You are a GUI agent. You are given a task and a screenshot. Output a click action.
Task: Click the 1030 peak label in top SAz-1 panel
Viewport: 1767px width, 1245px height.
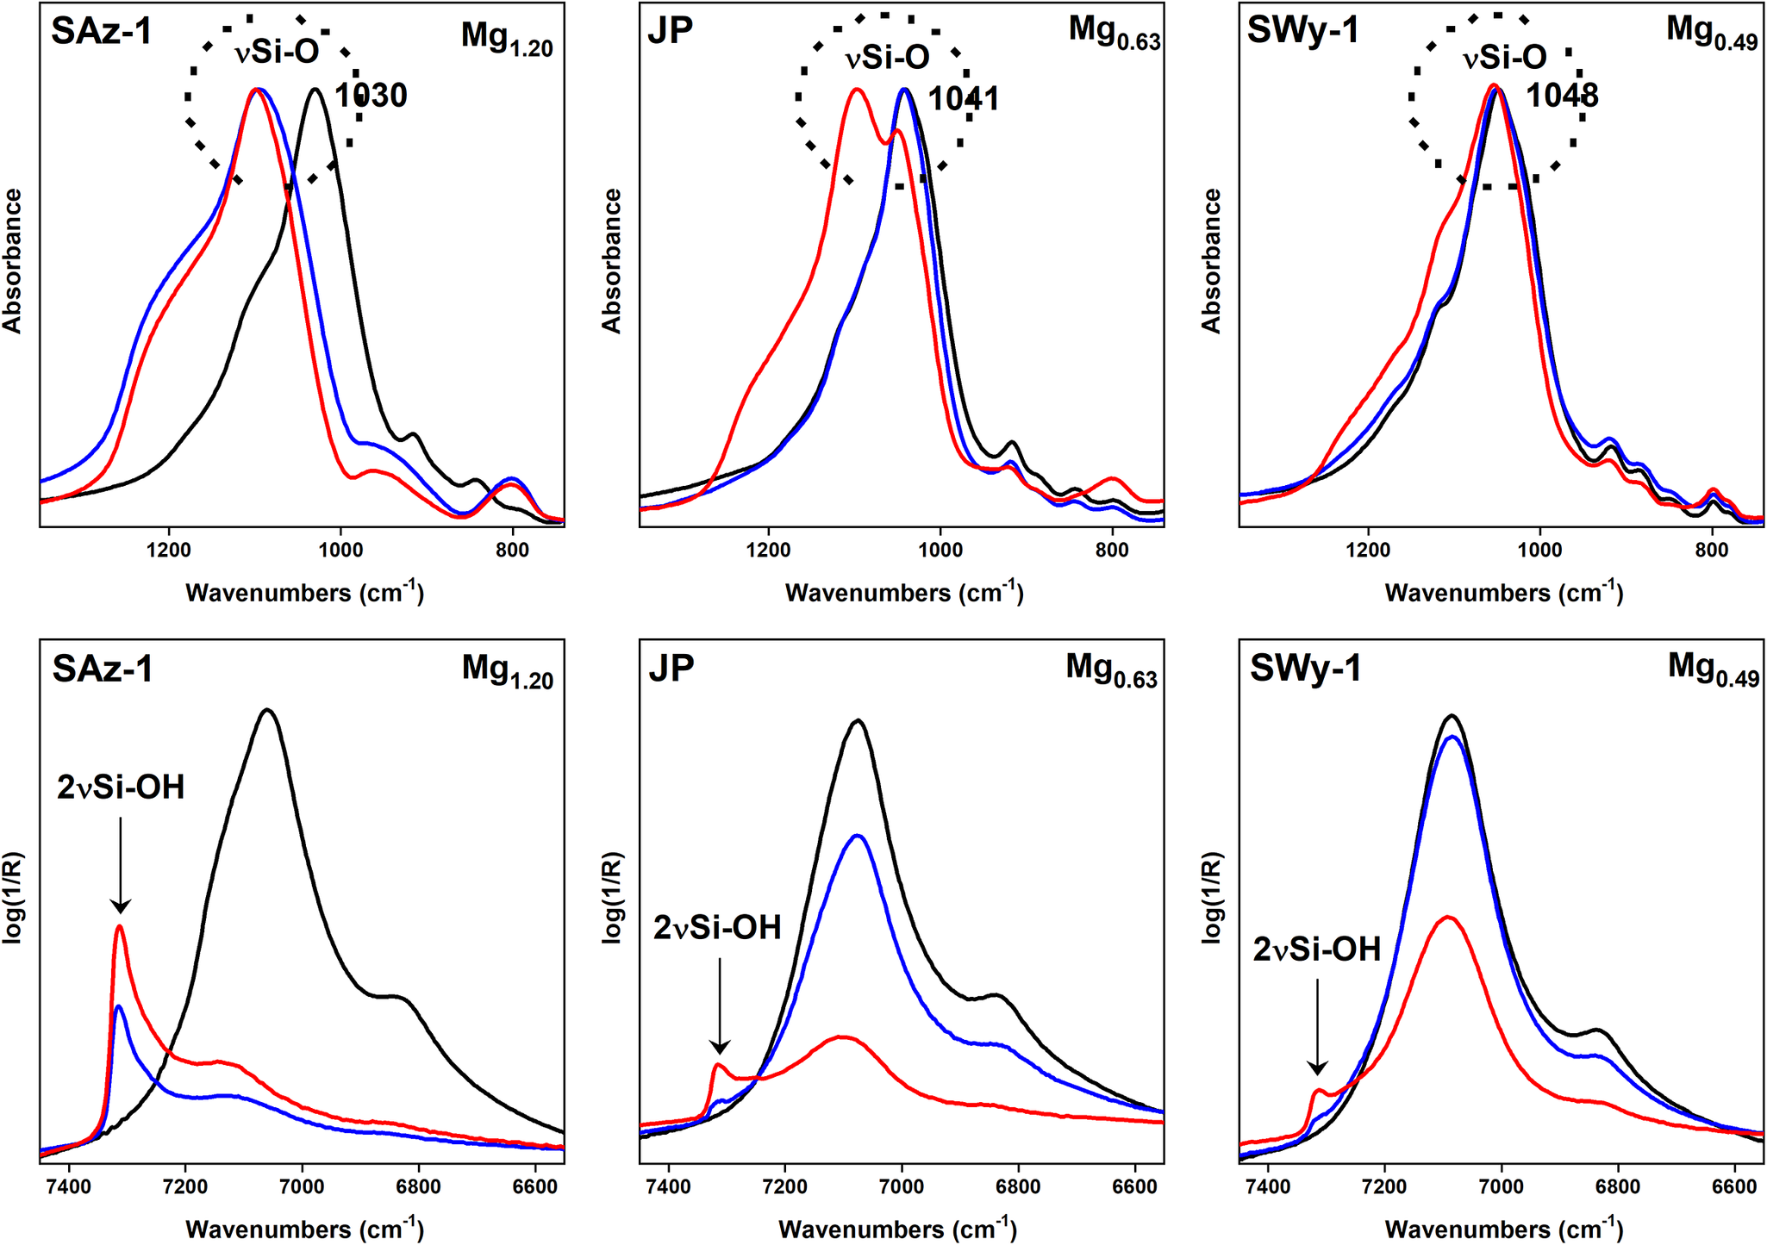371,96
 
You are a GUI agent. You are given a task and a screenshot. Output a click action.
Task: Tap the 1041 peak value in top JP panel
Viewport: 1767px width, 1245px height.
964,99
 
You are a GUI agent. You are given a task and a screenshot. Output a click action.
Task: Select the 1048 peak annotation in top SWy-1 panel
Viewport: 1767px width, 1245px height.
1562,96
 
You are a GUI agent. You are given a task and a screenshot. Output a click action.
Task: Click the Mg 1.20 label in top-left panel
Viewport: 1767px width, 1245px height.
507,39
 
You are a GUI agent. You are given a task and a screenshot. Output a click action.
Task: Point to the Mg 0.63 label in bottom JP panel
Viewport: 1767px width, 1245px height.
1111,670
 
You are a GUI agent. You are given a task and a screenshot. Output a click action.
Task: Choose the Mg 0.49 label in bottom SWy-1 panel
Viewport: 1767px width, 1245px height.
1712,670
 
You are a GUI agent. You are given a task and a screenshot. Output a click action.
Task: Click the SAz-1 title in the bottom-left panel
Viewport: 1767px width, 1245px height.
103,669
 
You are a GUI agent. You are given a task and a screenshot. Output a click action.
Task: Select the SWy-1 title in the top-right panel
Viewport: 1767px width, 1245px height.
1302,30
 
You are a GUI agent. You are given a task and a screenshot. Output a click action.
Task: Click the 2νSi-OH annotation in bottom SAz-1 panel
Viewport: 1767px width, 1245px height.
121,787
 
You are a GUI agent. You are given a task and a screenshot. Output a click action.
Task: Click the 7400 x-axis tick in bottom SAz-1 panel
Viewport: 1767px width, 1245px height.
69,1186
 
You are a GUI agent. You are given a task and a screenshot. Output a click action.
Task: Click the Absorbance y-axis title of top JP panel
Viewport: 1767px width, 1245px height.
612,261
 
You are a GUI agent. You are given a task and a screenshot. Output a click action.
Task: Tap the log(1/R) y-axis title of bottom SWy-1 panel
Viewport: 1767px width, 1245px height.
1212,899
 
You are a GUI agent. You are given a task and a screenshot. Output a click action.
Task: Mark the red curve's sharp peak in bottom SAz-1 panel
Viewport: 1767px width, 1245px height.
119,928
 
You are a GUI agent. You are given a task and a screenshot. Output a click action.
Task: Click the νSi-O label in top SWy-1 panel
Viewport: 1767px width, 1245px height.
1504,58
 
